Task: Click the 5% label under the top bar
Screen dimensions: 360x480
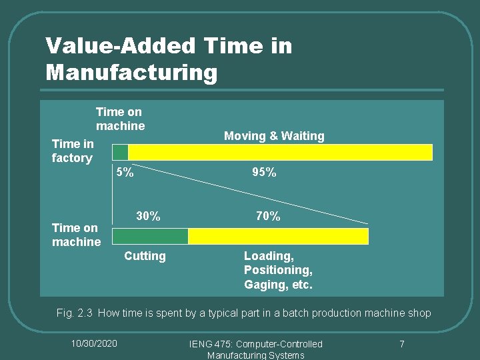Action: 125,173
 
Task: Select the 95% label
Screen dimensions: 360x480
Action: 264,173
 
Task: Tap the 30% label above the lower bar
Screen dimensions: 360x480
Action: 148,217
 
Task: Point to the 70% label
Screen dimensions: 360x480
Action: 268,217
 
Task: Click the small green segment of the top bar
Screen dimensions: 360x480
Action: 120,152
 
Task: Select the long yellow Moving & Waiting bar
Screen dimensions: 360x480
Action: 280,152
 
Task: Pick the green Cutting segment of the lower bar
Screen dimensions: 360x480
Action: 151,236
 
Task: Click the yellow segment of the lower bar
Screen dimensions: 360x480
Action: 278,236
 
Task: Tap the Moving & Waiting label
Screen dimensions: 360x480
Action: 274,136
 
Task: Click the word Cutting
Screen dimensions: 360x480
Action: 145,256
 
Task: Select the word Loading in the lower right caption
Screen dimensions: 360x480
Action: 267,256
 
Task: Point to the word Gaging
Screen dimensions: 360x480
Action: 264,285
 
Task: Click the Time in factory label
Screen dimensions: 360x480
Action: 73,151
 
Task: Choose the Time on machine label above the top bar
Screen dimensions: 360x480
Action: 120,119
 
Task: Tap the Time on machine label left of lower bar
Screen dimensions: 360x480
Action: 76,235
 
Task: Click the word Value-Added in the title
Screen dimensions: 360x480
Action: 120,46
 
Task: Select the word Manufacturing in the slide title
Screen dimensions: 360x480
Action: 131,71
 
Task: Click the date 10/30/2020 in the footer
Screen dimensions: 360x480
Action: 94,343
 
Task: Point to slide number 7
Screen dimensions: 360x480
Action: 401,344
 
